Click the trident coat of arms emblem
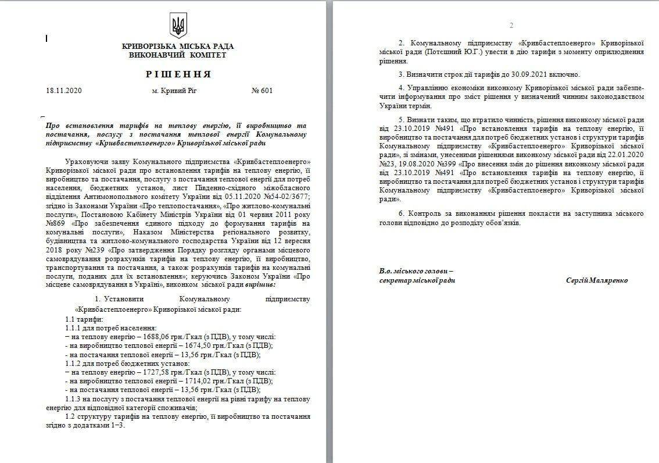click(x=177, y=26)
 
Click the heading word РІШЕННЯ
click(x=178, y=74)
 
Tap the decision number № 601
click(x=262, y=90)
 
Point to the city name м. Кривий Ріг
click(x=171, y=90)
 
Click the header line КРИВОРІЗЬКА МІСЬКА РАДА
click(x=178, y=47)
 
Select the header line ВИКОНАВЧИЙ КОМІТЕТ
click(x=178, y=55)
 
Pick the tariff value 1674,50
click(x=174, y=346)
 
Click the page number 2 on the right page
click(x=511, y=25)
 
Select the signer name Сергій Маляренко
click(x=596, y=280)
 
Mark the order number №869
click(x=55, y=223)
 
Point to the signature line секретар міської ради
click(x=417, y=280)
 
